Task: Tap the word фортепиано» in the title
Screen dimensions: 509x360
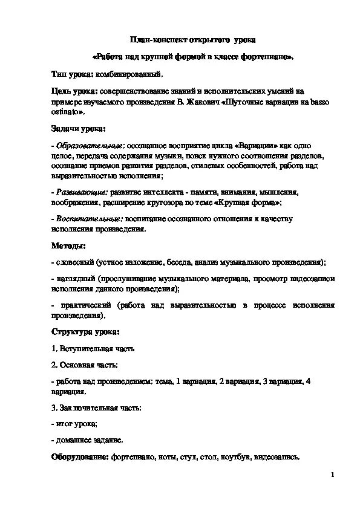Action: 273,57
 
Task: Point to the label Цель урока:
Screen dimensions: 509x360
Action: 74,91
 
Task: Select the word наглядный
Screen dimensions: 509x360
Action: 76,279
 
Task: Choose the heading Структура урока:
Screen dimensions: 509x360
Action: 85,332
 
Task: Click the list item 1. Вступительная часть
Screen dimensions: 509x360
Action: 93,349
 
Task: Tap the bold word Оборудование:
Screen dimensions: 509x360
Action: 79,458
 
